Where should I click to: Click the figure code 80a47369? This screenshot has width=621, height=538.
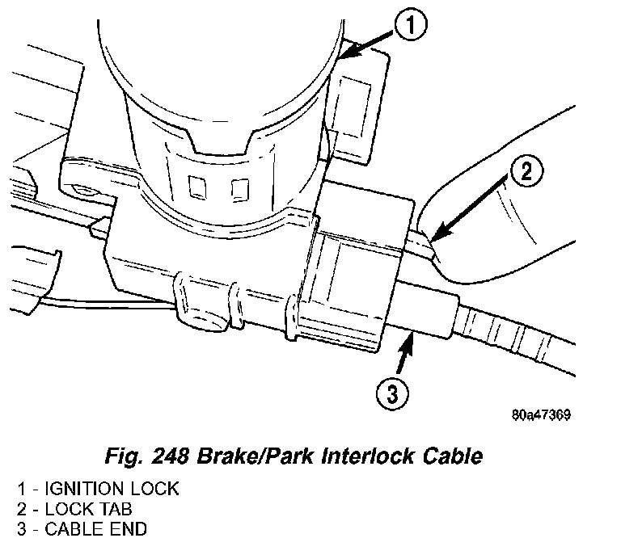click(542, 417)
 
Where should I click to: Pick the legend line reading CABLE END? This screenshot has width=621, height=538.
click(89, 528)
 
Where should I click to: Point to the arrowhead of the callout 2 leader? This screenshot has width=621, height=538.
click(433, 240)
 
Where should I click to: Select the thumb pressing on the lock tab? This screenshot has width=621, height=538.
click(517, 234)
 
